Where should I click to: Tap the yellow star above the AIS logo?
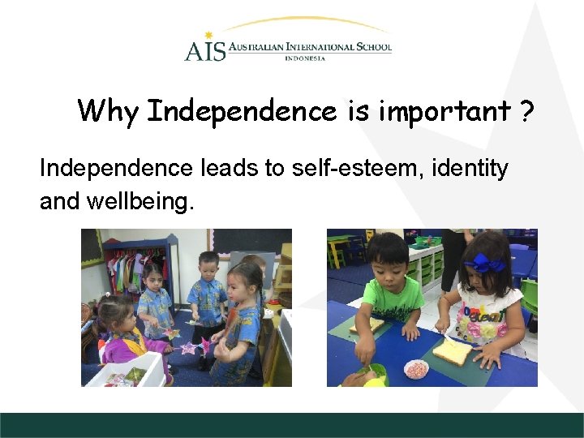(x=208, y=35)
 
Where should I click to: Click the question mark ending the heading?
(x=527, y=110)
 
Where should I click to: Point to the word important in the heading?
(x=443, y=111)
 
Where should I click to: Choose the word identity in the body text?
(x=471, y=169)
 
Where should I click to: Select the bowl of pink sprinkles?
(x=416, y=368)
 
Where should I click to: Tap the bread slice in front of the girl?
(x=453, y=350)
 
